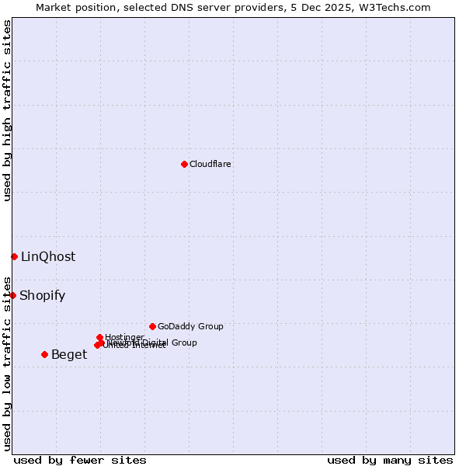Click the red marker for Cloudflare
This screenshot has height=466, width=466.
tap(184, 164)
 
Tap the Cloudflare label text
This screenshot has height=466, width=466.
tap(210, 164)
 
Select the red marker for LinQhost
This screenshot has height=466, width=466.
tap(14, 256)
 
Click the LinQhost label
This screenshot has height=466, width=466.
tap(48, 256)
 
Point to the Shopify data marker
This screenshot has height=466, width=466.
tap(12, 295)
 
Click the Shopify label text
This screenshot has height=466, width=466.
tap(42, 295)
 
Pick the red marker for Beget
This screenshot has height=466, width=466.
tap(44, 354)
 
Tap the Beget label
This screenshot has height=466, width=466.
tap(69, 354)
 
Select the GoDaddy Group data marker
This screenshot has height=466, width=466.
tap(152, 326)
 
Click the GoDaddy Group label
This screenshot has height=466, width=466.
tap(190, 326)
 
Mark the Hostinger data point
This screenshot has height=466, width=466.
tap(99, 337)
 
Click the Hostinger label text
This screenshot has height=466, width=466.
tap(124, 337)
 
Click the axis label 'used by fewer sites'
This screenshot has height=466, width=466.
tap(80, 460)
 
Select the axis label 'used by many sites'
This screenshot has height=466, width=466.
tap(390, 460)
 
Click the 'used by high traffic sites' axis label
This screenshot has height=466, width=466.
tap(7, 110)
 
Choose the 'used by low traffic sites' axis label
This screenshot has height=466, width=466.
tap(7, 363)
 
